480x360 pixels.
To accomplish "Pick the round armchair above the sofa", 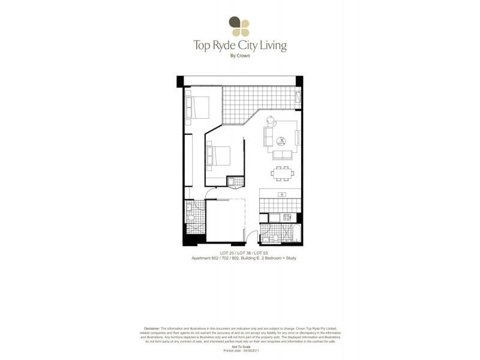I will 269,118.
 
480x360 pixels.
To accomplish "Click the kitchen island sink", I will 282,194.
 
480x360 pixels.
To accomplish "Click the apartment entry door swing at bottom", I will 253,237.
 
